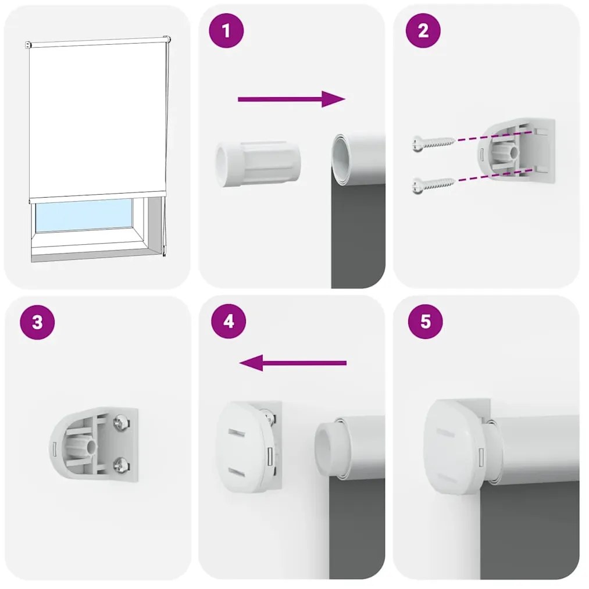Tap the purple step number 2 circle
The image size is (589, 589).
point(423,31)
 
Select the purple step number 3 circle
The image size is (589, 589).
point(37,322)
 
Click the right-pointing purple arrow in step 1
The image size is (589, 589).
point(291,99)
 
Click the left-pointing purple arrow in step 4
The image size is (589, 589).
point(293,363)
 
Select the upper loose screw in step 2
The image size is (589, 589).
point(433,142)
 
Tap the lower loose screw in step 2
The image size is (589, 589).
point(433,184)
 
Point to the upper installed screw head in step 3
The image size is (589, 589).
point(121,422)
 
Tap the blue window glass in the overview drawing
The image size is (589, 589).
point(84,215)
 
